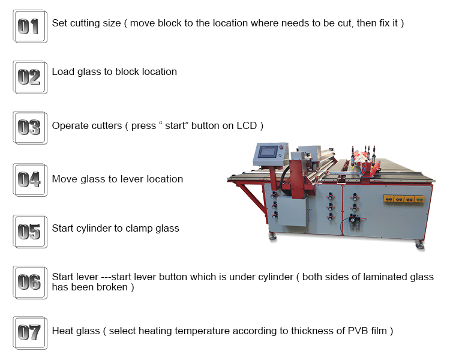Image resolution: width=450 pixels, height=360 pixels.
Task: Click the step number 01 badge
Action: coord(30,26)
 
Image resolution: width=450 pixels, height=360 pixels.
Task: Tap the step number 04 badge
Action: coord(30,180)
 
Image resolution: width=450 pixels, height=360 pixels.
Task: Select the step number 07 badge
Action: coord(30,333)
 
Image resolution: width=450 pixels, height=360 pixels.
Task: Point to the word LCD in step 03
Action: coord(247,126)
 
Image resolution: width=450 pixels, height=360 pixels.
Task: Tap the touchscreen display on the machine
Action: coord(268,152)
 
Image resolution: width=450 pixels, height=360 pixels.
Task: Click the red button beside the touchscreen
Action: coord(281,148)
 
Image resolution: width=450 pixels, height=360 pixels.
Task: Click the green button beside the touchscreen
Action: coord(280,155)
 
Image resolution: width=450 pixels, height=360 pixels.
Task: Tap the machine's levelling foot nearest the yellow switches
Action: coord(420,245)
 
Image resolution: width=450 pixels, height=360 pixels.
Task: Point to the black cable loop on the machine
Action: coord(284,178)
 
